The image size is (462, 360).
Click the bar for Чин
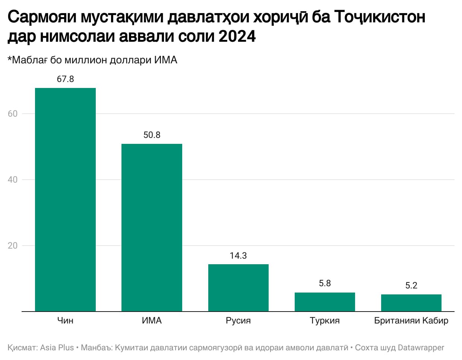point(65,199)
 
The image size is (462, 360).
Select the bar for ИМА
point(152,227)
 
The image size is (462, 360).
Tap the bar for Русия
point(238,288)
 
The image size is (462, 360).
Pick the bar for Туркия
point(325,302)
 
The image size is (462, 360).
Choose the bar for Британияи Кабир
point(411,303)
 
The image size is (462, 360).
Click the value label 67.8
point(65,79)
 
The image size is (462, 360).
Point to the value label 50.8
point(152,135)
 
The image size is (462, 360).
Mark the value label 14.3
point(238,256)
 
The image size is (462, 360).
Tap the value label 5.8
point(325,284)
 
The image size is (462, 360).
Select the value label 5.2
point(411,285)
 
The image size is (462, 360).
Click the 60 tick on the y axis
point(13,114)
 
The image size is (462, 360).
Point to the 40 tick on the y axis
point(13,180)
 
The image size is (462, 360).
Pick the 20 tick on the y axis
point(13,246)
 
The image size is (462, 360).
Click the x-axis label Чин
point(65,320)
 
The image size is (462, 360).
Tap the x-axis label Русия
point(238,320)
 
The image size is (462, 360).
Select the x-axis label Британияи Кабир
point(411,320)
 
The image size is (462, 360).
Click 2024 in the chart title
point(237,37)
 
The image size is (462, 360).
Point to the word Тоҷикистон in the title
point(380,17)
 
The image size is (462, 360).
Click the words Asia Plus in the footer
point(57,348)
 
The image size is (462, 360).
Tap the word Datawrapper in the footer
point(421,348)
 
